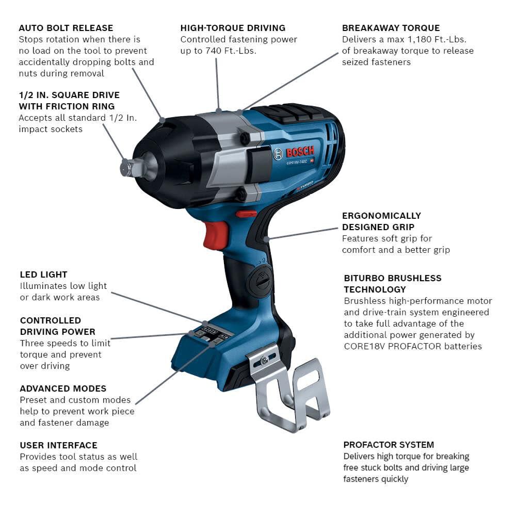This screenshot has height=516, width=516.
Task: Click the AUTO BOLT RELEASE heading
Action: tap(66, 28)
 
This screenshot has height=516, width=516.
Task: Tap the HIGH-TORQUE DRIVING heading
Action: tap(233, 28)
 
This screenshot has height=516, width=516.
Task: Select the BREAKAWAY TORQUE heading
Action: tap(391, 28)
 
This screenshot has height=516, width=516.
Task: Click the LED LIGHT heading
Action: tap(43, 275)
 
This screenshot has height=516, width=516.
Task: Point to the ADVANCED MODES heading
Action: tap(63, 389)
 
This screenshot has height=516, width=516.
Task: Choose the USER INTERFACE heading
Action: tap(58, 445)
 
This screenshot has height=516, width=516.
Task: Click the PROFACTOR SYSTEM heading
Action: tap(389, 445)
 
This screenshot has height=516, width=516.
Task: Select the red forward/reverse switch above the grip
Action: tap(247, 213)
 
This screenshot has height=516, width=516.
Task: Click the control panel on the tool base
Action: tap(209, 334)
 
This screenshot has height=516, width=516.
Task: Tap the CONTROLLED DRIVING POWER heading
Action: tap(58, 326)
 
